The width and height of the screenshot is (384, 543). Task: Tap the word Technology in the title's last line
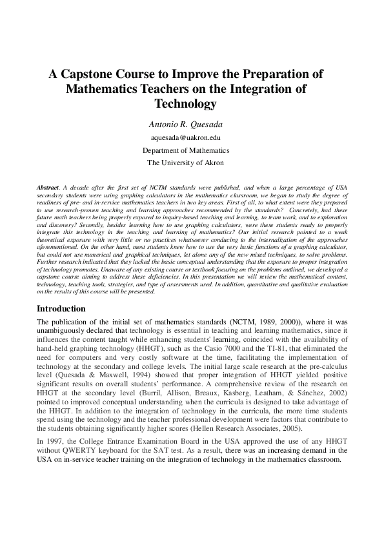pos(186,103)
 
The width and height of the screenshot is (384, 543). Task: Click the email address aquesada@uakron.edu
pos(186,138)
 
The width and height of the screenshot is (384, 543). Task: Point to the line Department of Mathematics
pos(186,150)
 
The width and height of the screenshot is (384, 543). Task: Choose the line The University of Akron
pos(186,163)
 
